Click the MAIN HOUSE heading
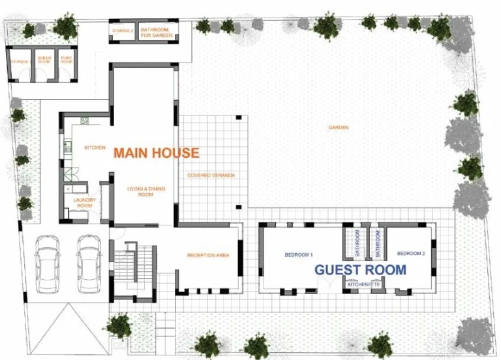click(x=156, y=153)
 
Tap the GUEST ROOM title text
click(x=360, y=269)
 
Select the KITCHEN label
click(x=95, y=147)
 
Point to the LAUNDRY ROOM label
click(x=85, y=202)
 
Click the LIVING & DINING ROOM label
click(x=146, y=191)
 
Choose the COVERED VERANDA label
click(x=211, y=175)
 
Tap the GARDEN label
click(x=338, y=127)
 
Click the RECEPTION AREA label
click(x=208, y=255)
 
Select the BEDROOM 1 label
click(x=299, y=254)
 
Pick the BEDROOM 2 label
click(x=411, y=253)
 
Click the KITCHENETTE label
click(x=363, y=285)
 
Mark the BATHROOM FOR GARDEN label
click(x=155, y=33)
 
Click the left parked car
click(x=47, y=262)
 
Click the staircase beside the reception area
click(x=139, y=267)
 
